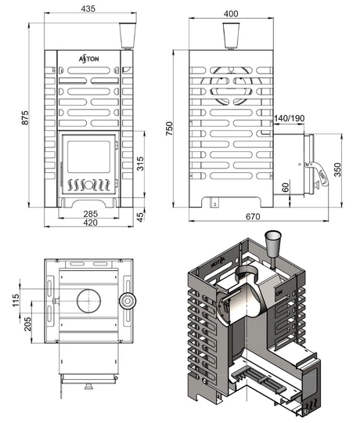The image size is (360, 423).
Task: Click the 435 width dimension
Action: (x=88, y=9)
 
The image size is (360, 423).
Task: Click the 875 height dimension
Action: (x=25, y=117)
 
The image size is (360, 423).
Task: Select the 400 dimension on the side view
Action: (x=231, y=14)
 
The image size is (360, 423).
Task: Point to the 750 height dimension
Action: (x=169, y=128)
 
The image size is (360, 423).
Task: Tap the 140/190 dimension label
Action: (x=289, y=118)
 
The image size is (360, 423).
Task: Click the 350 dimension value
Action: (x=337, y=169)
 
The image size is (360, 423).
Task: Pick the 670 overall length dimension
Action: (x=253, y=216)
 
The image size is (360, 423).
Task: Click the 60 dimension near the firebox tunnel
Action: (x=286, y=187)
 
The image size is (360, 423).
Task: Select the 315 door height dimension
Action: (x=140, y=164)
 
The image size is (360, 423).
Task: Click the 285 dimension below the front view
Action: (x=90, y=214)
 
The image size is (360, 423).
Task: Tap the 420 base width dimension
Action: (x=90, y=222)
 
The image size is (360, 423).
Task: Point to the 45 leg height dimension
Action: (x=140, y=217)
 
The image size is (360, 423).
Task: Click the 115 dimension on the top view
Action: (x=16, y=300)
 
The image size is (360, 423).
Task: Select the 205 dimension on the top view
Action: (x=27, y=324)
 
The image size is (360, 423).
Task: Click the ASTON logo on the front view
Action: (x=88, y=59)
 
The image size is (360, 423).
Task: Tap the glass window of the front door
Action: (x=88, y=157)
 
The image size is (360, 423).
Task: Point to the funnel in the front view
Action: (x=128, y=35)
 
